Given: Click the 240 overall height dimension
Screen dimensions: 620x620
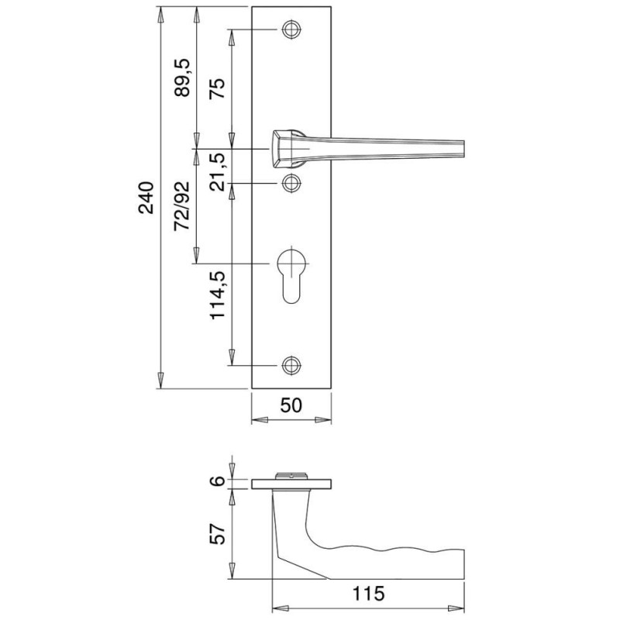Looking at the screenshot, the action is (146, 198).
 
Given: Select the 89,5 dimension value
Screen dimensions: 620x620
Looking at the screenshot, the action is (182, 77).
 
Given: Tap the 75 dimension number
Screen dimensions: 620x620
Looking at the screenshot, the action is (217, 88).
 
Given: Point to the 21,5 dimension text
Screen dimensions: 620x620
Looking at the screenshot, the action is (217, 171).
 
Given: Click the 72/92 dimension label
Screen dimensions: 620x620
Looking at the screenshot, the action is (182, 206).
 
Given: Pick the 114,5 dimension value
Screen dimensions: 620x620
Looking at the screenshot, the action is (217, 295).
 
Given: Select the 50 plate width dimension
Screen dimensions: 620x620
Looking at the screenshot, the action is (291, 405).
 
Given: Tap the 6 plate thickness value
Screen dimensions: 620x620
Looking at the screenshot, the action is (217, 481).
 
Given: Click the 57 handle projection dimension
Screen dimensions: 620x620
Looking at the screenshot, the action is (217, 534).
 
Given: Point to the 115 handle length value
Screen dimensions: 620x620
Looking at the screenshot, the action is (368, 594).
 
